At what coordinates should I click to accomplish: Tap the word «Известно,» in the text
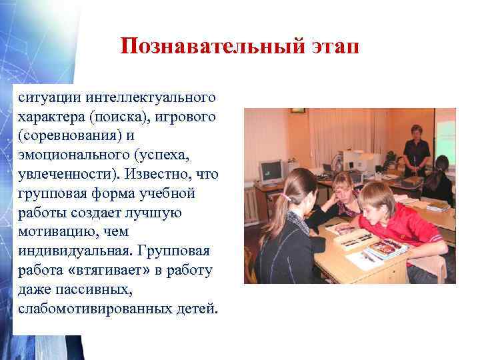point(162,175)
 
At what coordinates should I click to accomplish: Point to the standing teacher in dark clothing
point(416,150)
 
